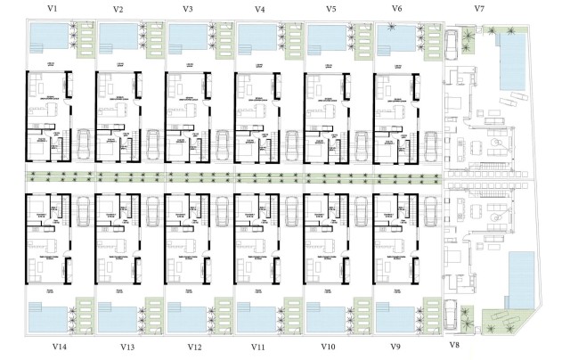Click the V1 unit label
click(x=53, y=8)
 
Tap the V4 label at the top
click(x=259, y=9)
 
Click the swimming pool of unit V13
click(x=116, y=316)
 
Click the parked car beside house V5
click(x=362, y=143)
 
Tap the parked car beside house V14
click(x=83, y=211)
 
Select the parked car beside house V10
click(x=362, y=211)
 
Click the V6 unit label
click(x=397, y=9)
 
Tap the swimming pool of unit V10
click(x=325, y=316)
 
